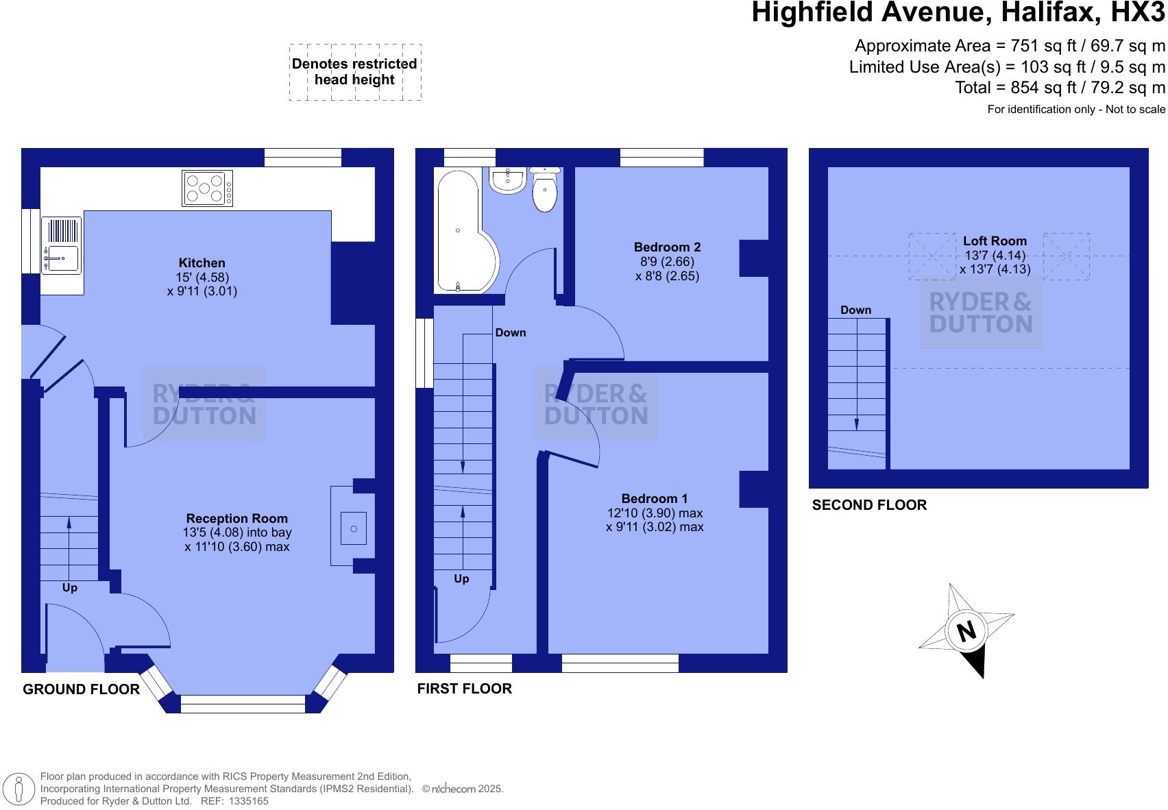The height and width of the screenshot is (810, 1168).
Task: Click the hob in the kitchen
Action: (x=207, y=188)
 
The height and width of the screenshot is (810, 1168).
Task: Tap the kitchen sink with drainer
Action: (x=61, y=245)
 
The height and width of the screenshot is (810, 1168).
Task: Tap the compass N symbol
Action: (x=966, y=630)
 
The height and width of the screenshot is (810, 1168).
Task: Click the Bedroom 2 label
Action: (x=666, y=247)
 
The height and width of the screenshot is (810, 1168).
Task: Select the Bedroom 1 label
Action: (x=654, y=498)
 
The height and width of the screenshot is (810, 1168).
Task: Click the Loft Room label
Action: (x=995, y=241)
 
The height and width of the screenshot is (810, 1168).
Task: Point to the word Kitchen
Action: (x=202, y=262)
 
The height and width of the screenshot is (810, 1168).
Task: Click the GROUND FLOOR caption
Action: (x=81, y=689)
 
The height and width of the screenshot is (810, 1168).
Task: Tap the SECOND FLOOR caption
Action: (x=868, y=505)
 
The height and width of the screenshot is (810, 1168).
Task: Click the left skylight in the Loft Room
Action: (x=932, y=256)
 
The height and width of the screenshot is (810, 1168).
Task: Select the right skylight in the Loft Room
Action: (x=1066, y=256)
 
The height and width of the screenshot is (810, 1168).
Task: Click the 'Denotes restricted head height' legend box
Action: (x=354, y=72)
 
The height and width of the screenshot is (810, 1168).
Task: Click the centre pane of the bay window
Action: (x=243, y=704)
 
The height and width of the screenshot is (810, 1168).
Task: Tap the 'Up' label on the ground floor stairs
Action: (x=70, y=587)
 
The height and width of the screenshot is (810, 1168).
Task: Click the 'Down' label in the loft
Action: (x=855, y=310)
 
